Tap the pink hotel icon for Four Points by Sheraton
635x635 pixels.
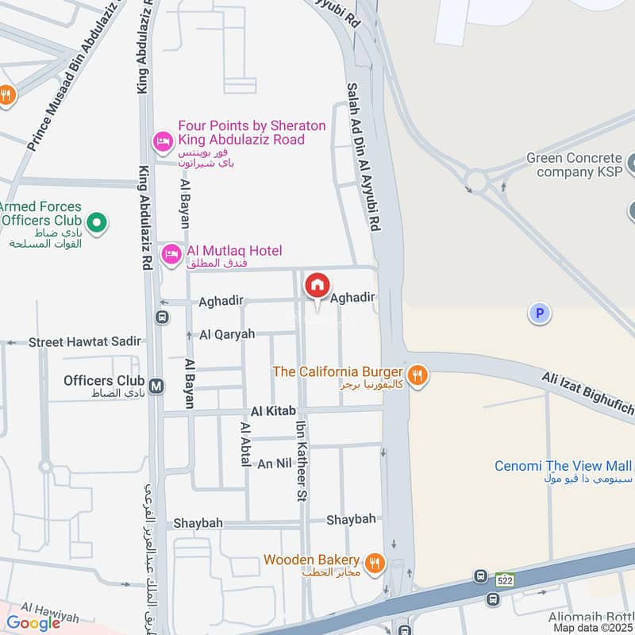pos(162,141)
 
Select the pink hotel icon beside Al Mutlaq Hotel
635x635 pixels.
pos(170,254)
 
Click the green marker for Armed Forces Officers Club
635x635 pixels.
pos(97,222)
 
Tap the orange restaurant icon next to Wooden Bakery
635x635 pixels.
pos(376,564)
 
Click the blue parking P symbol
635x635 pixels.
pos(540,314)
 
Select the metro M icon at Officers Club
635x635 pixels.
pos(157,386)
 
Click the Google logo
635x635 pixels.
pos(33,623)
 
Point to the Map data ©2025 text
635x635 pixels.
pos(591,627)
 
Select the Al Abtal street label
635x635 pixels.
pos(245,449)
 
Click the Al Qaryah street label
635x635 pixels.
pos(227,334)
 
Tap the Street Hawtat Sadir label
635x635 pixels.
pos(85,341)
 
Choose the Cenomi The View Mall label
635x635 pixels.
pos(563,466)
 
